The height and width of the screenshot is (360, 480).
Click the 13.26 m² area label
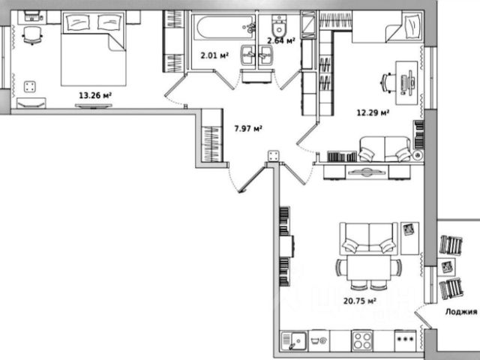pos(94,95)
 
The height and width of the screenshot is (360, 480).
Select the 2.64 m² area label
pos(281,41)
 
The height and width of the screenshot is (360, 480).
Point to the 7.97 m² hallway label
pos(247,128)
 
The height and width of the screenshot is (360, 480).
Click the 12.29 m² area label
pos(372,113)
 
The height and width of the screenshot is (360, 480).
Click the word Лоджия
pos(460,314)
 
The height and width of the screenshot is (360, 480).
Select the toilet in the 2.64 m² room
pos(278,23)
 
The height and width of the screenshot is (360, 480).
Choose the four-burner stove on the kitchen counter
pos(363,340)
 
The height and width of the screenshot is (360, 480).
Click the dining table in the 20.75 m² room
pos(367,268)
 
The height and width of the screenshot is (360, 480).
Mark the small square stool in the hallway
pos(273,156)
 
